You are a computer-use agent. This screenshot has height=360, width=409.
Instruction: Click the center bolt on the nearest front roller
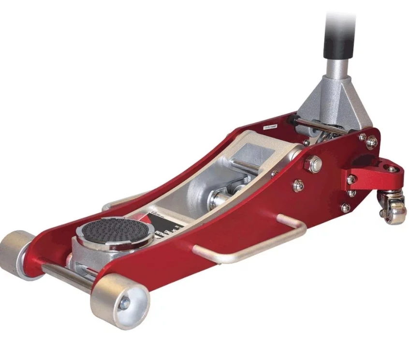tap(124, 303)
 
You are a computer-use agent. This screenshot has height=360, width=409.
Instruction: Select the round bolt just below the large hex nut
tap(298, 185)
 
